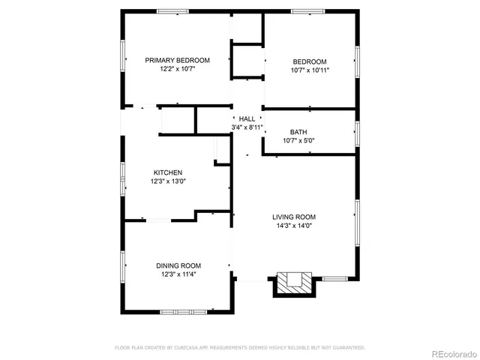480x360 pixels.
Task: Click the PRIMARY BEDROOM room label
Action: pos(177,60)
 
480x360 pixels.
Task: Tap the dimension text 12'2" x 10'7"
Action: pos(177,69)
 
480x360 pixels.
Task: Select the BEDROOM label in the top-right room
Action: pos(309,61)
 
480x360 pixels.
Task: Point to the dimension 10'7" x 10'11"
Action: pos(309,70)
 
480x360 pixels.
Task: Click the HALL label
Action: pos(247,118)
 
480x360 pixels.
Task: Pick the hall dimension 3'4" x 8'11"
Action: pos(247,127)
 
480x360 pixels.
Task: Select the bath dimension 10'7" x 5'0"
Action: pos(298,140)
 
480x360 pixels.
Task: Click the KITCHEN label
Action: pos(168,172)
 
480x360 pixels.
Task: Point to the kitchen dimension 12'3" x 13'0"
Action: pos(168,181)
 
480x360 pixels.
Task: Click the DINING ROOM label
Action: pos(178,265)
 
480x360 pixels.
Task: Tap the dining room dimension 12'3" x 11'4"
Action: pos(178,274)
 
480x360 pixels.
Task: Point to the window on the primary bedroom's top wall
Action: pos(172,10)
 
